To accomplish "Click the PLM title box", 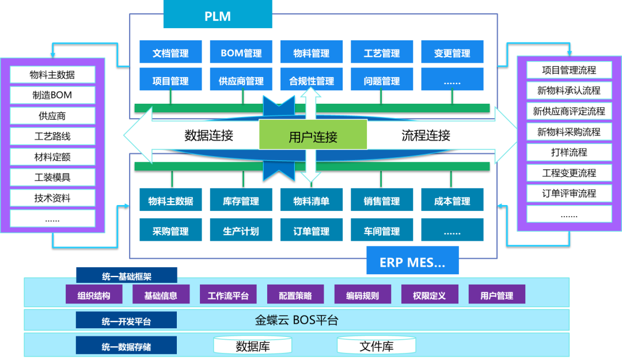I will pyautogui.click(x=218, y=16).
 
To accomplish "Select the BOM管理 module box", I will pyautogui.click(x=241, y=53).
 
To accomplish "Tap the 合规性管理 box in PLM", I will pyautogui.click(x=312, y=81).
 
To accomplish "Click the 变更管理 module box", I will pyautogui.click(x=452, y=53).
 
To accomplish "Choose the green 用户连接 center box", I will pyautogui.click(x=313, y=137).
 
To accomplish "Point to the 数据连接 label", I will pyautogui.click(x=208, y=135).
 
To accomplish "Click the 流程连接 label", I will pyautogui.click(x=426, y=135).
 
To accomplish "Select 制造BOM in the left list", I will pyautogui.click(x=52, y=95).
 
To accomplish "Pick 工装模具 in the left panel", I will pyautogui.click(x=52, y=177).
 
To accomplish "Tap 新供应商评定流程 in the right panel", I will pyautogui.click(x=569, y=111).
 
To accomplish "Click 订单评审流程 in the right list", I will pyautogui.click(x=569, y=194).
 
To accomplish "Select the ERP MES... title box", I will pyautogui.click(x=412, y=262).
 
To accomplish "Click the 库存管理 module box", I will pyautogui.click(x=241, y=201).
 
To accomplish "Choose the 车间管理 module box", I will pyautogui.click(x=382, y=231).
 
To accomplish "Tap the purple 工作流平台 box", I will pyautogui.click(x=228, y=295).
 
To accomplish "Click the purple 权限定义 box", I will pyautogui.click(x=430, y=295).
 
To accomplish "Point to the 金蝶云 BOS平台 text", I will pyautogui.click(x=297, y=320).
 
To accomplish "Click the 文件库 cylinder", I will pyautogui.click(x=377, y=346).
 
